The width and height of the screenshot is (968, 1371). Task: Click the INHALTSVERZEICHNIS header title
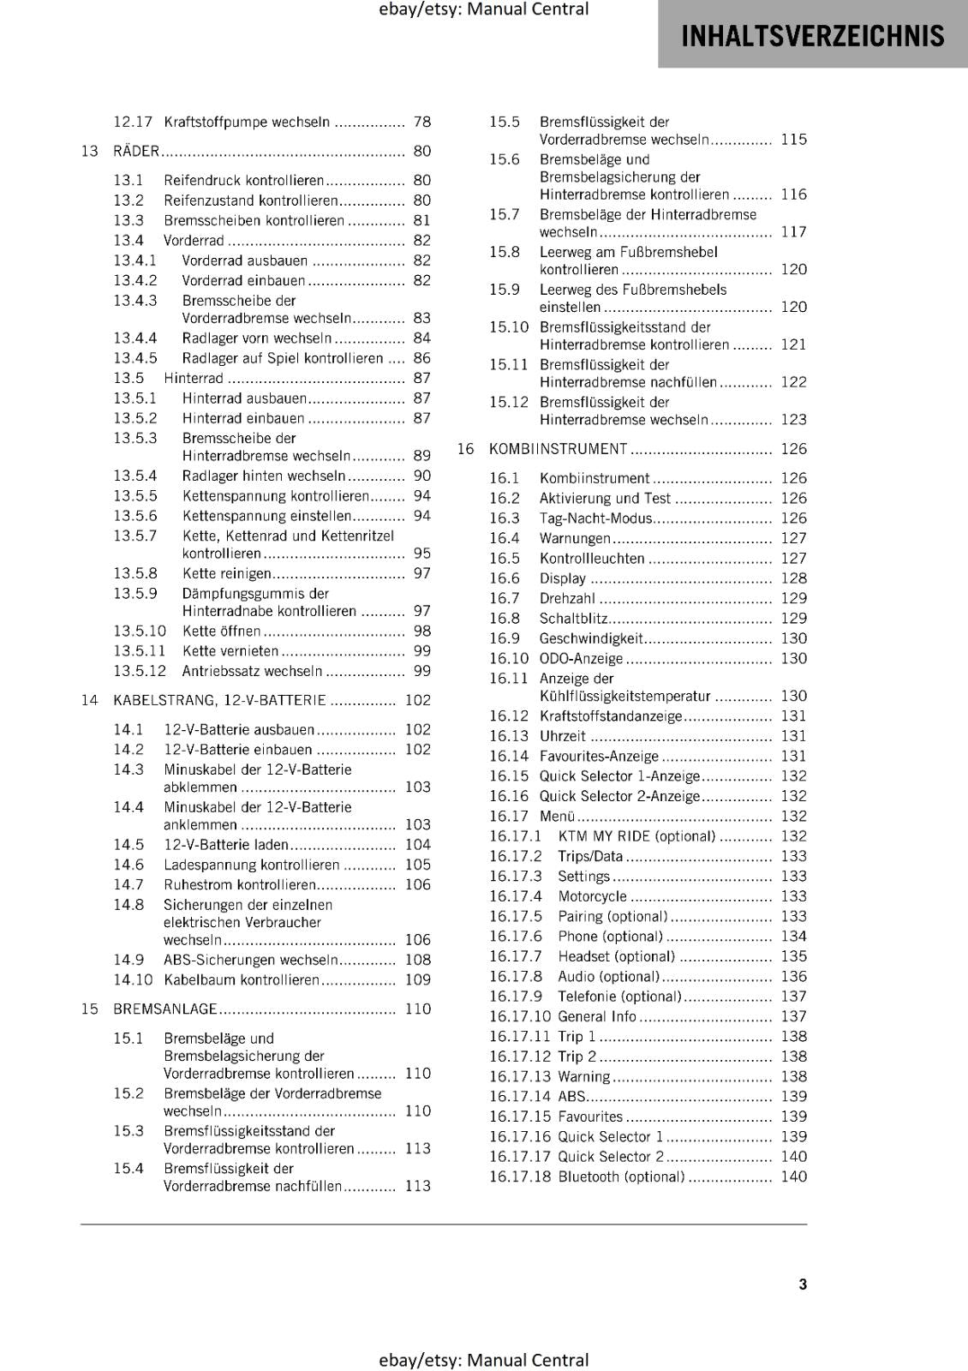812,36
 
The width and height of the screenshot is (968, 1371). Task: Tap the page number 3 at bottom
802,1284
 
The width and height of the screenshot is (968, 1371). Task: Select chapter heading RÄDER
136,152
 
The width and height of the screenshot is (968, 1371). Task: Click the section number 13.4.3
135,301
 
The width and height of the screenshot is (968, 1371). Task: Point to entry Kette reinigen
226,574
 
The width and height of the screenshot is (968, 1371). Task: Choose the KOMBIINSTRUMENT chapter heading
558,449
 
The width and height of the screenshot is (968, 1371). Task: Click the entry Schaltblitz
573,619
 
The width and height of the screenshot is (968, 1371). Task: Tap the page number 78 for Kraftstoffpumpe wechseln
421,123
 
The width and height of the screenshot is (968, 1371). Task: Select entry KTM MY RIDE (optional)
636,836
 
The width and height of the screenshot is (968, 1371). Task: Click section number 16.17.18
519,1176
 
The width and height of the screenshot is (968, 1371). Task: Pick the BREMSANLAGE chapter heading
165,1009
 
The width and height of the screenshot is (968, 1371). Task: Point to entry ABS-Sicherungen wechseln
251,961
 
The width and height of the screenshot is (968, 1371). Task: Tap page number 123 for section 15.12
793,420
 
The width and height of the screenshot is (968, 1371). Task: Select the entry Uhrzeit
562,736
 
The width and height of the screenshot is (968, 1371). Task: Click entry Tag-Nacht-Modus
595,518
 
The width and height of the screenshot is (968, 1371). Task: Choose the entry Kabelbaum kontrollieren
241,980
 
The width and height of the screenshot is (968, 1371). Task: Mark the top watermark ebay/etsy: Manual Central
483,9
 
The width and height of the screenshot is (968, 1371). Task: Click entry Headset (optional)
616,956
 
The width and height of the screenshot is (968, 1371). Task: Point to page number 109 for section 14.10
417,980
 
